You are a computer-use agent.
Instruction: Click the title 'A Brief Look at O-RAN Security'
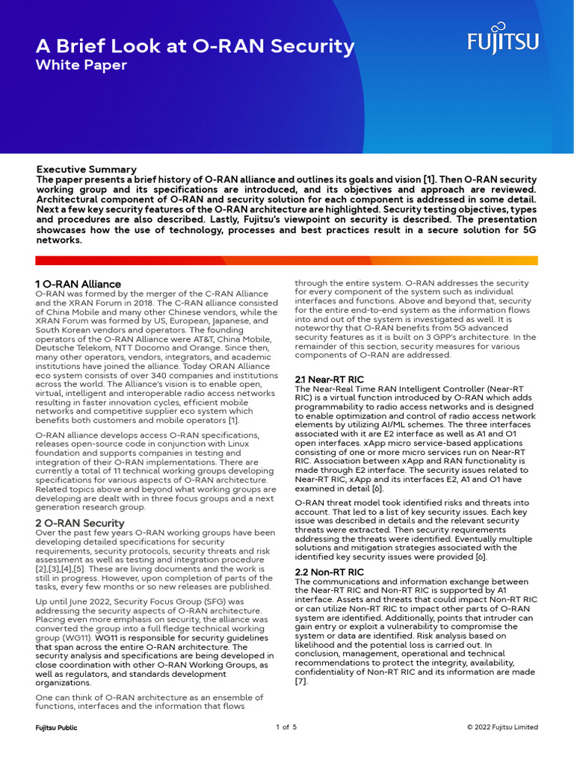[x=195, y=46]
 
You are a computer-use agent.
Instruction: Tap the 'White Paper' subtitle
[x=81, y=66]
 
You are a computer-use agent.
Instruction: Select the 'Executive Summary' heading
[x=87, y=170]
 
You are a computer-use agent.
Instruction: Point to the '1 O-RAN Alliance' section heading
[x=78, y=284]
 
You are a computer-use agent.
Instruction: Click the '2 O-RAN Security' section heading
[x=79, y=522]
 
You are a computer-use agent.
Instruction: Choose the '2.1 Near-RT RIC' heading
[x=330, y=380]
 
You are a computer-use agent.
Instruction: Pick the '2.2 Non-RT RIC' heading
[x=330, y=572]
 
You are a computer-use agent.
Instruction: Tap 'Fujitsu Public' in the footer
[x=57, y=727]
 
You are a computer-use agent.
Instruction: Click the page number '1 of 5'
[x=287, y=727]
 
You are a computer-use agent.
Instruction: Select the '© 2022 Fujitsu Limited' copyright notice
[x=502, y=727]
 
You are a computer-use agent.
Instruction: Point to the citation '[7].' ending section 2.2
[x=302, y=681]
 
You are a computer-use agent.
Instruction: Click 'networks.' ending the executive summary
[x=59, y=241]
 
